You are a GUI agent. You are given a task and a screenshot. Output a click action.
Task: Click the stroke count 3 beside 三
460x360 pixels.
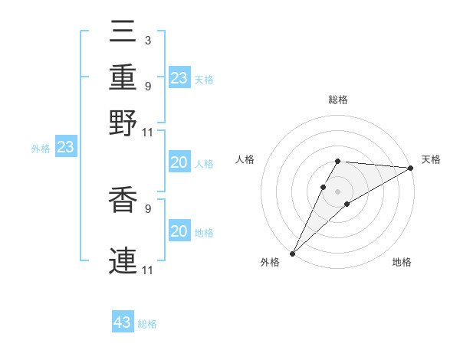[148, 40]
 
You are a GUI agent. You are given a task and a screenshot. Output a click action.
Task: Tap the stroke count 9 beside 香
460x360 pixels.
[148, 207]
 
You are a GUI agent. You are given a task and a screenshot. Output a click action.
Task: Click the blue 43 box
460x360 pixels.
[123, 322]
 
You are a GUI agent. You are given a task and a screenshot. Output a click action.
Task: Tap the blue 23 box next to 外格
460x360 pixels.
[66, 147]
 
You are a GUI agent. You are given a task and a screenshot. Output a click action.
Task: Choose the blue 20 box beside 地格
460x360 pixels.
[179, 231]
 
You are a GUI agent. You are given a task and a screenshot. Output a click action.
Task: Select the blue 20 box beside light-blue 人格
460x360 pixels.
[179, 162]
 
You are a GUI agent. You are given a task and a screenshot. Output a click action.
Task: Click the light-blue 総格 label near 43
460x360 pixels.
[147, 324]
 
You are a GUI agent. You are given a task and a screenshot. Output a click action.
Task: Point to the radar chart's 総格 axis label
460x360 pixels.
[337, 100]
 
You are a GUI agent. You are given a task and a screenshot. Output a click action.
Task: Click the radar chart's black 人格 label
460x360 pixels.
[245, 159]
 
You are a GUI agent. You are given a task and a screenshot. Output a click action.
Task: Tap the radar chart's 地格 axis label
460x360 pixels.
[402, 263]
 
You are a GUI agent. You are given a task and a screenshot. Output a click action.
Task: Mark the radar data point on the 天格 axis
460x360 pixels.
[411, 169]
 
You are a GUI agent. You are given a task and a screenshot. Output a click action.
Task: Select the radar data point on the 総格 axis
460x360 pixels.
[337, 161]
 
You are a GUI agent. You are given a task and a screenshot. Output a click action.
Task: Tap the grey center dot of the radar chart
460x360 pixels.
[337, 191]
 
